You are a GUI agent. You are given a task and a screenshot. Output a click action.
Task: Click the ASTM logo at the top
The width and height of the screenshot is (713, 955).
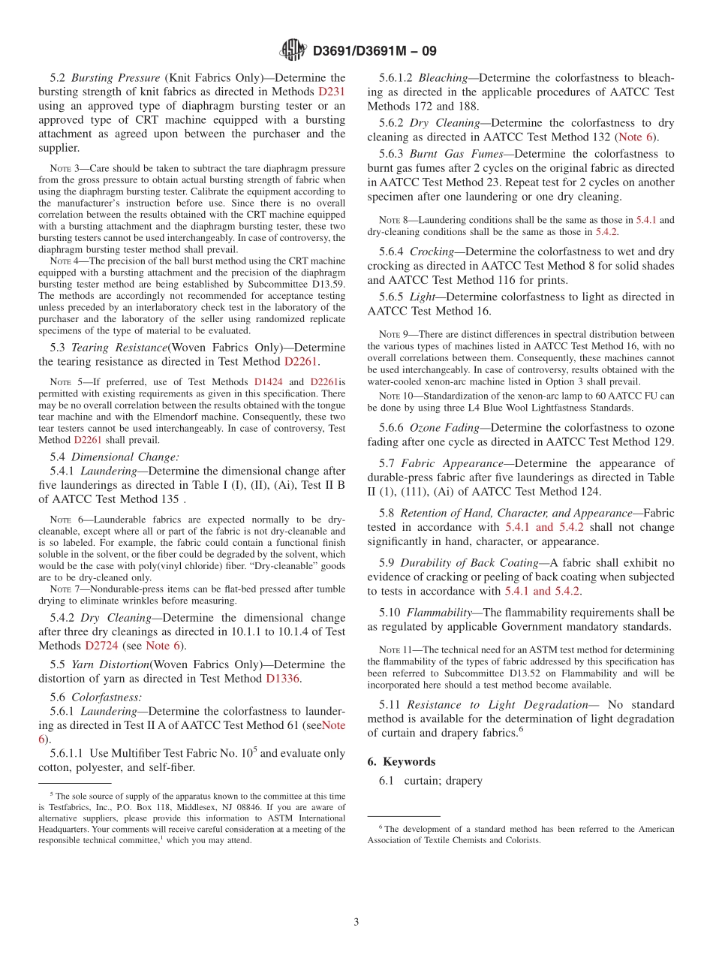pos(293,50)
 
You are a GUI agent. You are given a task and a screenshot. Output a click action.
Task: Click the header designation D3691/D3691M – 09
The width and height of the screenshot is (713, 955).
pos(373,51)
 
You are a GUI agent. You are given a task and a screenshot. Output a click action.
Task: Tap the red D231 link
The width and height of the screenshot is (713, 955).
pos(332,92)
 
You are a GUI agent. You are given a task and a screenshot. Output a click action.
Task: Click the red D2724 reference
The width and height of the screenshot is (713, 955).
pos(101,645)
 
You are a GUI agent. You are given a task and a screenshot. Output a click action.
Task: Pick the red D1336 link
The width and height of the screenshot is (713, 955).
pos(283,679)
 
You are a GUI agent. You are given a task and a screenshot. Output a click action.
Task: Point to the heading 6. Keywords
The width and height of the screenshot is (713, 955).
pos(401,761)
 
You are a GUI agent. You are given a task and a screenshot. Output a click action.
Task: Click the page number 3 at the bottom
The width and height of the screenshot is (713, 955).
pos(356,922)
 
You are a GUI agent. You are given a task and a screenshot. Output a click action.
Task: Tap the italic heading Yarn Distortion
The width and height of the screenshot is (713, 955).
pos(110,664)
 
